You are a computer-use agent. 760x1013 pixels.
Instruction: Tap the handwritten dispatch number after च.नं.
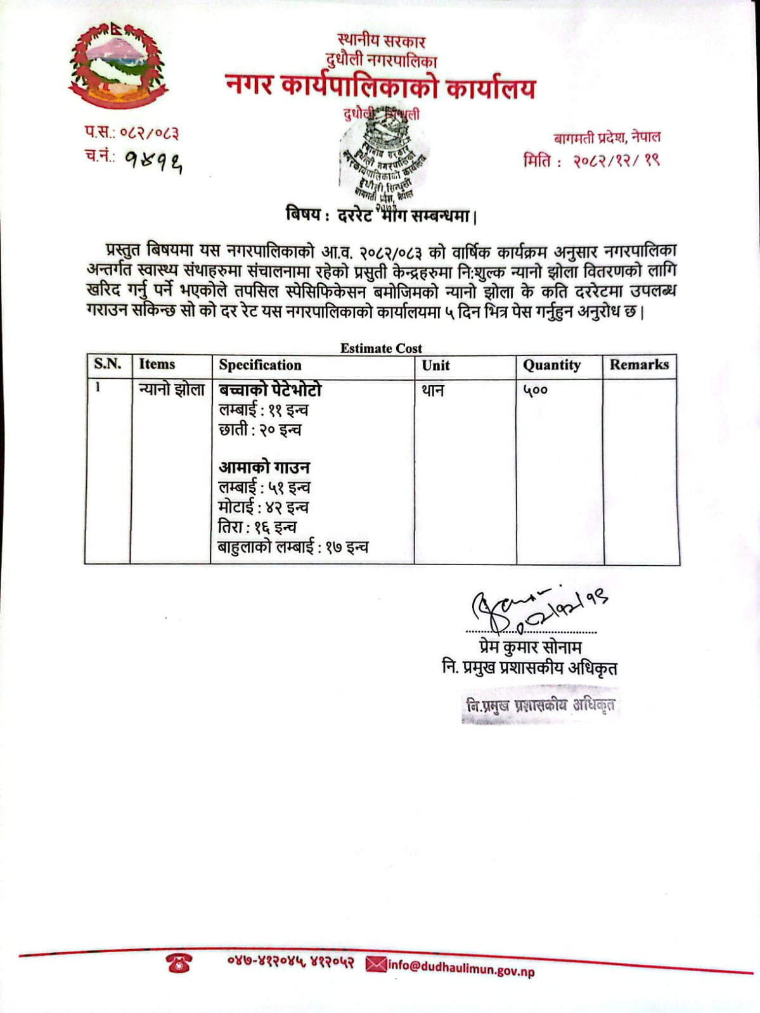tap(153, 162)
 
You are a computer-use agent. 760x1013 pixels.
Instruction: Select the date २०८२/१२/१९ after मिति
tap(616, 161)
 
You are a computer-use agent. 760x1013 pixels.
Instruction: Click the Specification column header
tap(260, 366)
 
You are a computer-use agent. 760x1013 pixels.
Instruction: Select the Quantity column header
tap(551, 366)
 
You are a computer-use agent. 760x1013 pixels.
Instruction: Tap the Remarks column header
tap(639, 365)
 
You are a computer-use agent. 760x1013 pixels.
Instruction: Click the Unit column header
tap(435, 366)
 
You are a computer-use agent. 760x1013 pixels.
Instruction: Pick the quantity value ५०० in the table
tap(535, 391)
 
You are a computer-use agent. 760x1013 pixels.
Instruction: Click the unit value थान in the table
tap(433, 391)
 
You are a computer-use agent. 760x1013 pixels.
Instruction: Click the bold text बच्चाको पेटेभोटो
tap(271, 390)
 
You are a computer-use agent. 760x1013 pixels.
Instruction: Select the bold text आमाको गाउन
tap(264, 468)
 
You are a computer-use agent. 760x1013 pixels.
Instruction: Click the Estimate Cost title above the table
tap(381, 348)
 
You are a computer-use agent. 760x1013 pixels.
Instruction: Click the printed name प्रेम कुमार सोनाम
tap(530, 647)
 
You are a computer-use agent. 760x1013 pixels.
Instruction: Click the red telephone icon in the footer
tap(179, 964)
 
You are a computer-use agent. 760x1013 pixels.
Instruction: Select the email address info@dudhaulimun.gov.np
tap(461, 967)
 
